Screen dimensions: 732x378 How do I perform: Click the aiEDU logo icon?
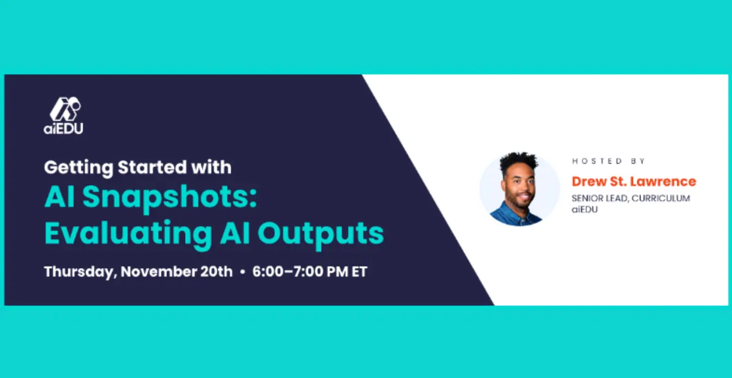click(x=65, y=109)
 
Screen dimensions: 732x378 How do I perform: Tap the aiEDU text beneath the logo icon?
click(x=63, y=128)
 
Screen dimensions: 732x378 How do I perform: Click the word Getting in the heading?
click(x=79, y=168)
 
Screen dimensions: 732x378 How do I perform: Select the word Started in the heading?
click(x=152, y=167)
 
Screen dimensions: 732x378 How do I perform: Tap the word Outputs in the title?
click(x=321, y=234)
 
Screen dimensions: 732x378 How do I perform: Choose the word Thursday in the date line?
click(x=81, y=272)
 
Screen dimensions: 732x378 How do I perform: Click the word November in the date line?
click(x=158, y=271)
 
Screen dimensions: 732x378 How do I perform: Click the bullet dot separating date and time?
click(x=243, y=272)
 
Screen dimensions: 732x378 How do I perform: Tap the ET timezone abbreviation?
click(x=360, y=272)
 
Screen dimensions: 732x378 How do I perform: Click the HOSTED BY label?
click(x=609, y=161)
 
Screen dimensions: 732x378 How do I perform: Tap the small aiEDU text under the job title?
click(x=585, y=209)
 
